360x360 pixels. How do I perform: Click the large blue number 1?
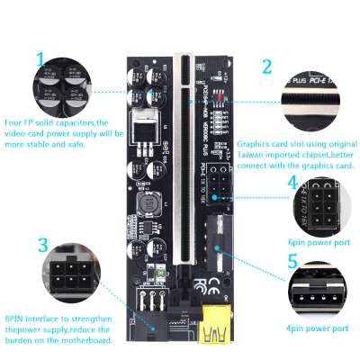[x=39, y=60]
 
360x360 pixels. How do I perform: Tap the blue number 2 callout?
[x=266, y=67]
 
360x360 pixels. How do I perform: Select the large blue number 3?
[x=42, y=244]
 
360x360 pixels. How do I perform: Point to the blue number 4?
[x=292, y=183]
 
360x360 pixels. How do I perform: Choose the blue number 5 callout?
[x=292, y=262]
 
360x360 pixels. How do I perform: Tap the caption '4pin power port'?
[x=317, y=328]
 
